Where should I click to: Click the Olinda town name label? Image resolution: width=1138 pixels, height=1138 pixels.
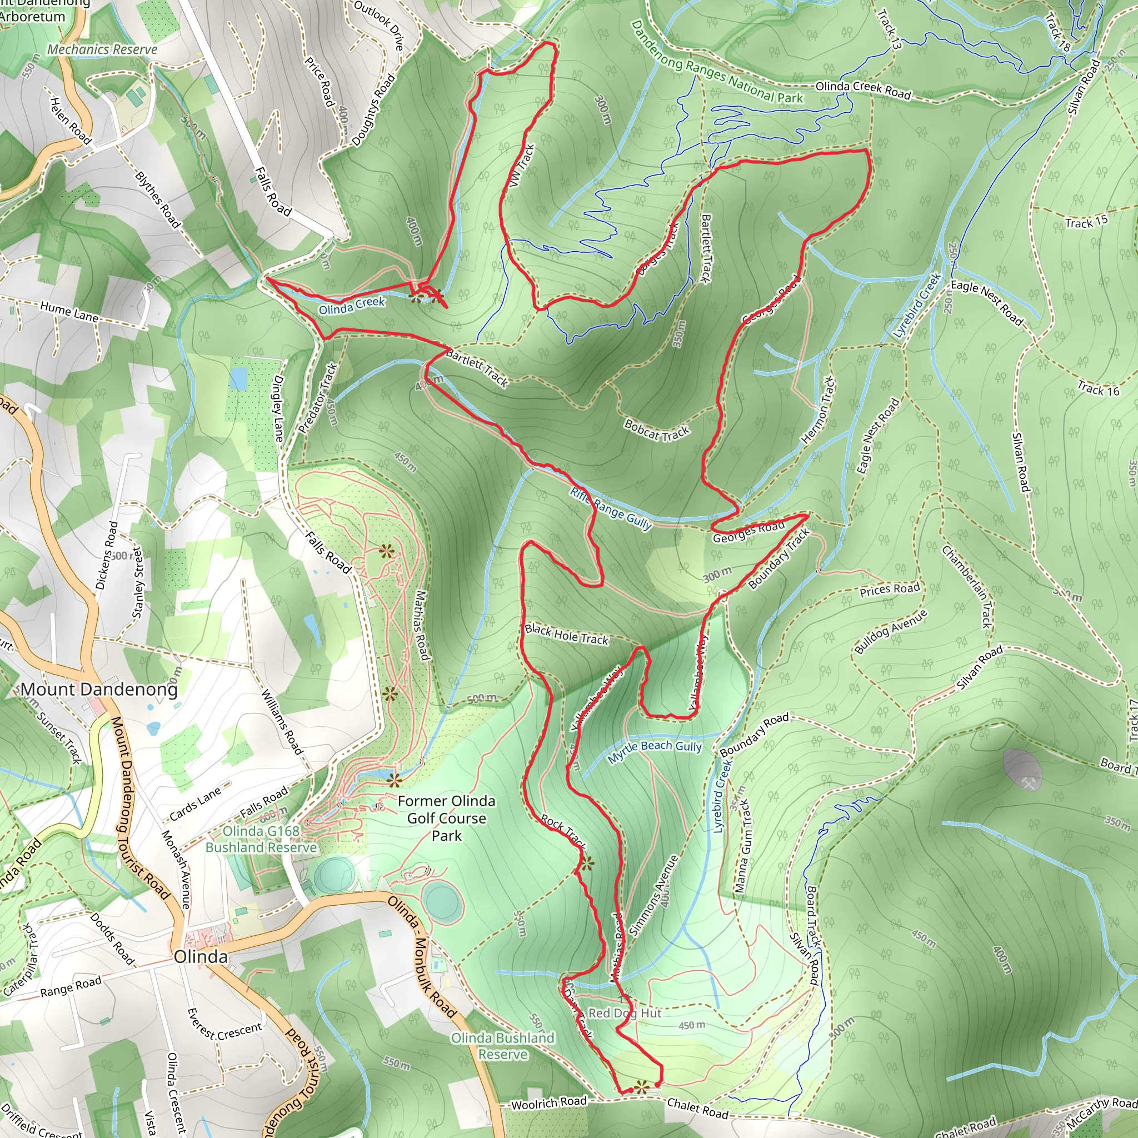tap(200, 957)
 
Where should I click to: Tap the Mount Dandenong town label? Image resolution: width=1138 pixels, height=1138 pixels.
tap(99, 689)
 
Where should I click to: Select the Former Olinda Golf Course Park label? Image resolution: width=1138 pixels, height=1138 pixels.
tap(447, 818)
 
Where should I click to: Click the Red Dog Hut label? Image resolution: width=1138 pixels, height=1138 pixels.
tap(625, 1012)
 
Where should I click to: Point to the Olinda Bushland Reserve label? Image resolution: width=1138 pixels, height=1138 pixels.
tap(502, 1046)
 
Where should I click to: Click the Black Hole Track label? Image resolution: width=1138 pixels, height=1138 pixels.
tap(566, 635)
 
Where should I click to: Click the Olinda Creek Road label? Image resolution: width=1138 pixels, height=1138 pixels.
tap(863, 89)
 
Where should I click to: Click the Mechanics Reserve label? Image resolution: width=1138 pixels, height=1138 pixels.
tap(102, 49)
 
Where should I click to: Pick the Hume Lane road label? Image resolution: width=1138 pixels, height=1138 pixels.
tap(69, 312)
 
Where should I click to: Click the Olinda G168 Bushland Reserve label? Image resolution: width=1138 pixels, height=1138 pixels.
tap(261, 838)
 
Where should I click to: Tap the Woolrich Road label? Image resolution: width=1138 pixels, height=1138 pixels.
tap(549, 1102)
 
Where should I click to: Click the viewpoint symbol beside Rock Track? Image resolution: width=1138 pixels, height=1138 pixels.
tap(587, 864)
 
